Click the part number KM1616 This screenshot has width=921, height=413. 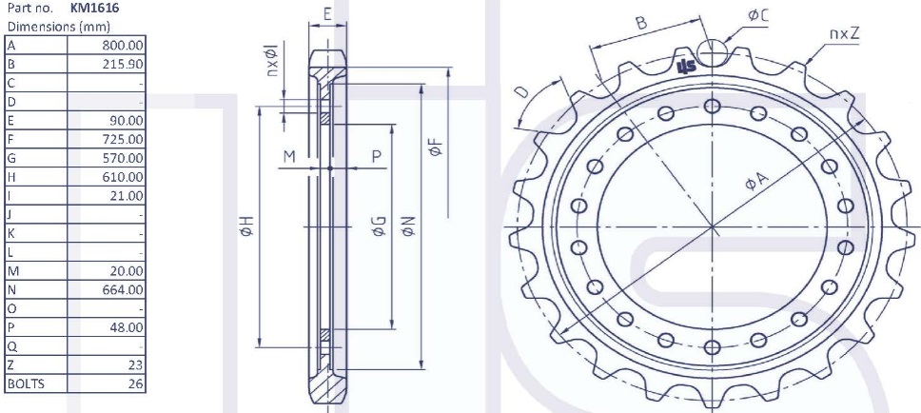point(95,8)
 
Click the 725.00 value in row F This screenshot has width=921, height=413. point(124,139)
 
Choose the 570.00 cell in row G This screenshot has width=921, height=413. point(124,158)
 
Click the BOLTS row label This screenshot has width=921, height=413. point(26,383)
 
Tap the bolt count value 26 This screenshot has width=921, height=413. point(136,383)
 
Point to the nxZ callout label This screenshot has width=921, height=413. point(844,33)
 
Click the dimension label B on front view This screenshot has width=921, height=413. point(641,22)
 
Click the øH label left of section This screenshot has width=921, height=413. point(245,226)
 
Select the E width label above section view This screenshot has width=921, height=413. point(327,14)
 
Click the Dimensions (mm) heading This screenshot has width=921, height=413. point(47,27)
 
